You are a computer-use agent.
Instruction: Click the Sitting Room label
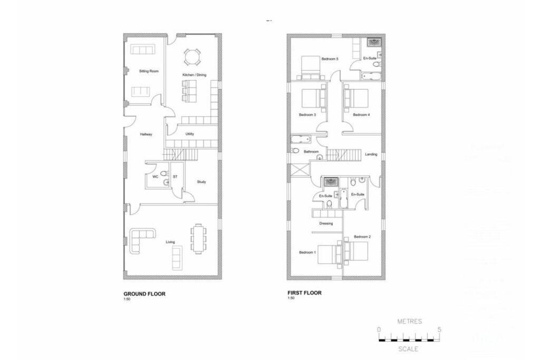point(149,71)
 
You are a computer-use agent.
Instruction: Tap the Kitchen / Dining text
point(194,75)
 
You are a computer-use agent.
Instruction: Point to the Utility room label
point(190,134)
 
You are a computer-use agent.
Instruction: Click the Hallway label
point(146,134)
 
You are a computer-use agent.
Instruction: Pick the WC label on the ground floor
point(156,177)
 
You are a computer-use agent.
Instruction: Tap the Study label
point(201,182)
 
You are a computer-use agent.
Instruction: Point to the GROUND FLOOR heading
point(144,294)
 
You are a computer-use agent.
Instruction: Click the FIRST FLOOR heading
point(304,293)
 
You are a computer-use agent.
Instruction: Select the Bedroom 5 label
point(330,59)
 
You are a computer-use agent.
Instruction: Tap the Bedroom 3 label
point(307,114)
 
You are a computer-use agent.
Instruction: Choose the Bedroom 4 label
point(361,114)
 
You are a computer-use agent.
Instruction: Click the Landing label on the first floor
point(371,154)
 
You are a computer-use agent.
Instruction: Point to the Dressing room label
point(326,223)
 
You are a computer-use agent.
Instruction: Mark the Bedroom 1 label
point(307,252)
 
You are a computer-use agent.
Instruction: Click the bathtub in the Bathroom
point(301,140)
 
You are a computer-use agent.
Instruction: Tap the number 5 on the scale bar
point(439,329)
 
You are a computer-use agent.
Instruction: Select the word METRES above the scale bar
point(409,321)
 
